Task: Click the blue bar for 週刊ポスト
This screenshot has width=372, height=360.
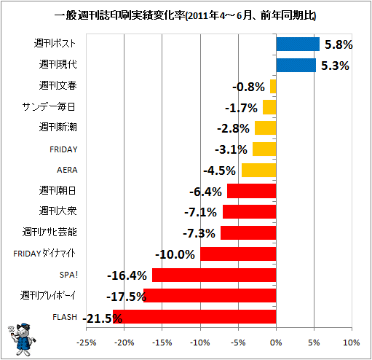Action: pos(298,44)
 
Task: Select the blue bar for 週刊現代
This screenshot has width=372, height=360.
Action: pos(296,66)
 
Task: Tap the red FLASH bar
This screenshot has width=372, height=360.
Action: pos(194,316)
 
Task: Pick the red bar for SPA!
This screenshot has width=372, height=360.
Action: pos(214,275)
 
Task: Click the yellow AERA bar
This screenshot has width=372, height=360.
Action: pos(259,170)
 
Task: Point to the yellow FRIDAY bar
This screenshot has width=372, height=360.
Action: pos(264,149)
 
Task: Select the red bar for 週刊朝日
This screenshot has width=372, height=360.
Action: pos(252,191)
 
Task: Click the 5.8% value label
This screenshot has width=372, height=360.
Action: pos(339,44)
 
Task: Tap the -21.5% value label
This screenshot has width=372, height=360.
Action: pos(103,318)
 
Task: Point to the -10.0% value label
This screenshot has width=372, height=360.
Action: pos(175,255)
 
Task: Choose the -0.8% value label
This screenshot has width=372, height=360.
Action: pos(248,87)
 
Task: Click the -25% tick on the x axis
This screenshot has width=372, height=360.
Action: pos(87,343)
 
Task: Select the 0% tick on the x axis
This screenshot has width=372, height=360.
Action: pos(276,343)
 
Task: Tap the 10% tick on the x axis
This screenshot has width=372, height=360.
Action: pos(352,343)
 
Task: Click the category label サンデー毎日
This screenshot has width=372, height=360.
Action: pos(49,106)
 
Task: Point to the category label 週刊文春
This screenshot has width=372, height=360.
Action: pos(58,85)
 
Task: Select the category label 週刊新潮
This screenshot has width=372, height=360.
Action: pos(58,127)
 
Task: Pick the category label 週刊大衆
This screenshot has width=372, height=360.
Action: pos(58,211)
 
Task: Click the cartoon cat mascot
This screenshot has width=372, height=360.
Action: pos(22,340)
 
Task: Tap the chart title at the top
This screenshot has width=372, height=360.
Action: pos(185,16)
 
